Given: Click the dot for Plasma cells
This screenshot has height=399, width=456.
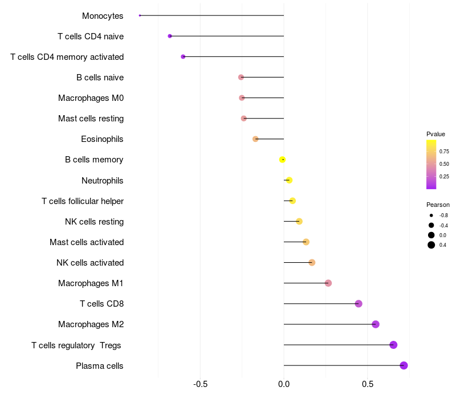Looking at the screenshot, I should click(404, 365).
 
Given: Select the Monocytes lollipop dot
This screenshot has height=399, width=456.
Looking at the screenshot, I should click(140, 15).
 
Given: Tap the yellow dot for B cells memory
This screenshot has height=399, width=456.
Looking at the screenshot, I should click(282, 160).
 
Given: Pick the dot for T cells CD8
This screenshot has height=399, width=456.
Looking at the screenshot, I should click(359, 304).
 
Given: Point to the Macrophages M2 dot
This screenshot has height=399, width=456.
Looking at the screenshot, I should click(375, 324).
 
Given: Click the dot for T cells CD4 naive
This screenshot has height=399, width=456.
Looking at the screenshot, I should click(170, 36).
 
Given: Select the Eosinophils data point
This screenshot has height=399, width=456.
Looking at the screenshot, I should click(255, 139).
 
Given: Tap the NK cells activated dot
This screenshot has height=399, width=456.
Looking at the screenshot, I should click(312, 263).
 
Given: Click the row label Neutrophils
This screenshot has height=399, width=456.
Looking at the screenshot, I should click(103, 181).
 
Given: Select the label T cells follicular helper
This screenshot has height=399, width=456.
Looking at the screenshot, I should click(83, 201).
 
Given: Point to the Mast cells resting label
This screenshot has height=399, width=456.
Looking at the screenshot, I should click(91, 119).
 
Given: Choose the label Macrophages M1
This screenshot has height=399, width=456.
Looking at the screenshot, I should click(91, 283).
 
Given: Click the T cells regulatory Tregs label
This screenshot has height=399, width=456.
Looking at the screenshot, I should click(76, 345).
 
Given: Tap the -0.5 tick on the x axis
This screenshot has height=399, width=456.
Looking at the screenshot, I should click(200, 384).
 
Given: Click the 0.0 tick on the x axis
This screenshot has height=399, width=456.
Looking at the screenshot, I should click(284, 384).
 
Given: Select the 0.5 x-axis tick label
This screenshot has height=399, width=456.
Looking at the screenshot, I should click(367, 384).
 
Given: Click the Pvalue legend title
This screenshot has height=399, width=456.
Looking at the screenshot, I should click(435, 134).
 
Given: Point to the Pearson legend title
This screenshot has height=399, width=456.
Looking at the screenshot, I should click(438, 205).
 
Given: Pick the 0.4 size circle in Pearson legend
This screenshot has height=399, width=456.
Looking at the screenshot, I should click(431, 245).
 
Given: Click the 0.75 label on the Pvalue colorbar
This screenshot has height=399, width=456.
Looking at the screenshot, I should click(444, 151).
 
